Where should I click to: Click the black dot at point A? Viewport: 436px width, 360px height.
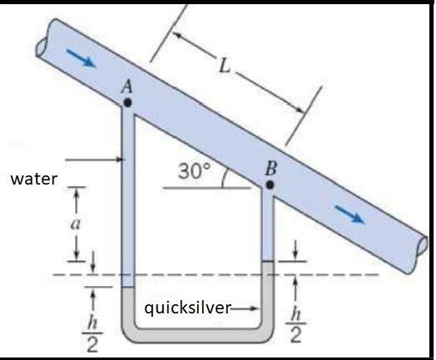126,102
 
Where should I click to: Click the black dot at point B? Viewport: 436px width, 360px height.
269,183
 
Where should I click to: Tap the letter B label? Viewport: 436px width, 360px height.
270,168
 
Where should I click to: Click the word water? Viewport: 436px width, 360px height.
32,177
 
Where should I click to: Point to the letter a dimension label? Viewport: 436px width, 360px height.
76,222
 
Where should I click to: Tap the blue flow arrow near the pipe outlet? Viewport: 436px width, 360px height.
354,215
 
